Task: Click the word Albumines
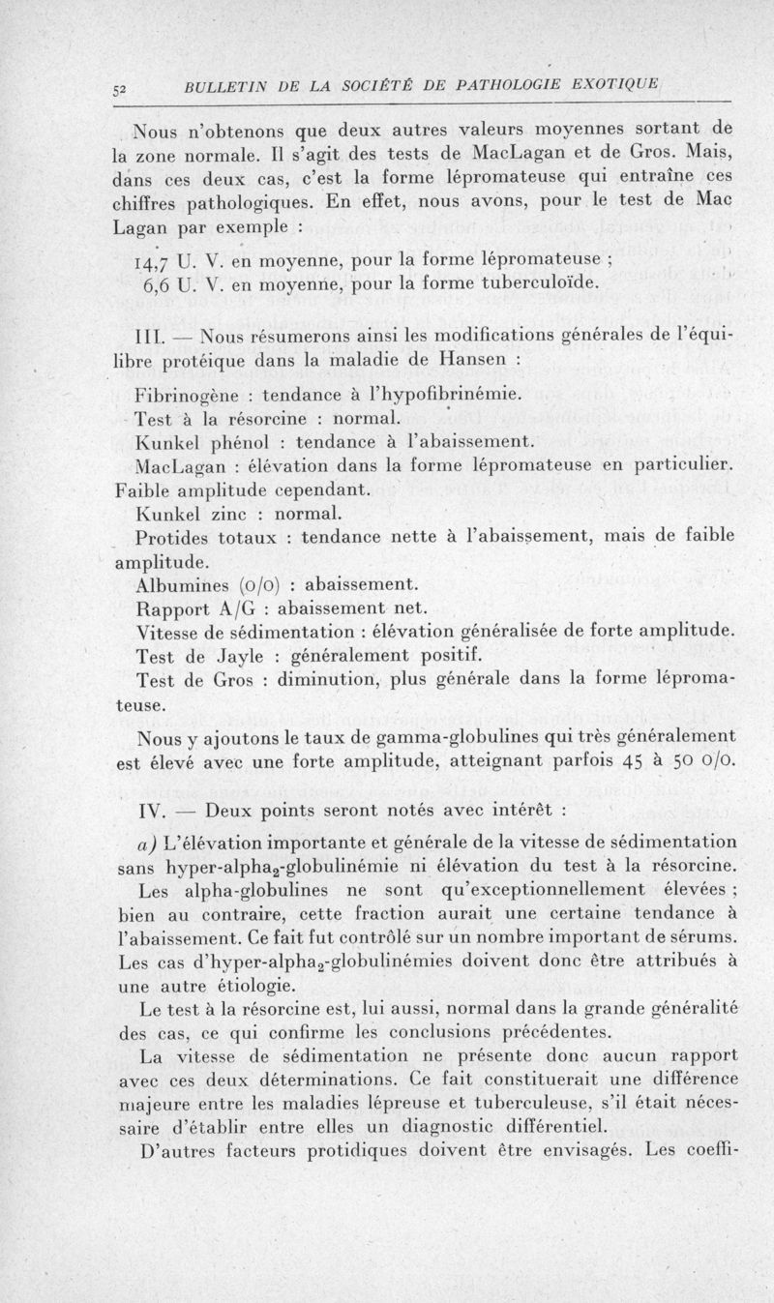187,585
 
